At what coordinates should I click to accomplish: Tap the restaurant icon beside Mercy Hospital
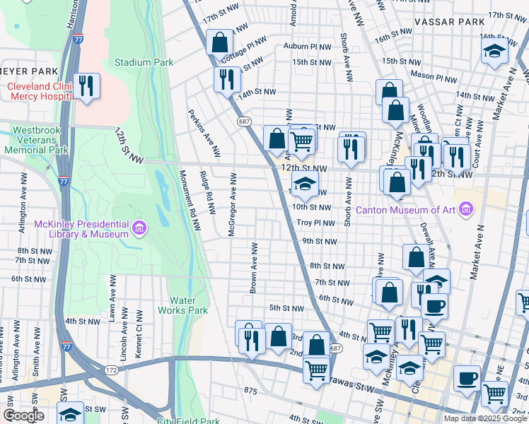tap(87, 87)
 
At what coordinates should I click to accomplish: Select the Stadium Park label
tap(144, 62)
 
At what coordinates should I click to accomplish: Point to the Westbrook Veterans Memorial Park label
tap(40, 140)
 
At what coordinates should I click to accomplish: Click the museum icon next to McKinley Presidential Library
tap(139, 228)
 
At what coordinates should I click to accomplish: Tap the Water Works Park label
tap(182, 305)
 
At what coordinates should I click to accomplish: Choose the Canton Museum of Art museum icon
tap(465, 209)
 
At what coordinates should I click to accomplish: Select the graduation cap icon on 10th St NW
tap(306, 185)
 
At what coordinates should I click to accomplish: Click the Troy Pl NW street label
tap(315, 223)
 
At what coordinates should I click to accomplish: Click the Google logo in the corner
tap(23, 415)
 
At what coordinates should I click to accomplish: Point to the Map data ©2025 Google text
tap(485, 418)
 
